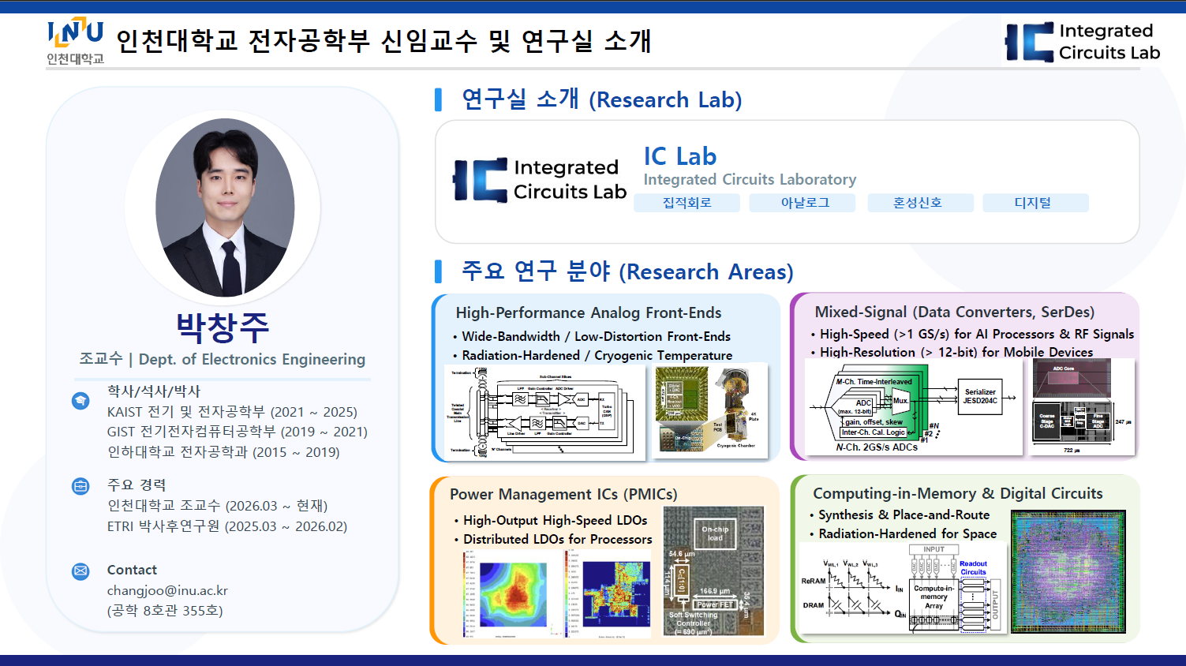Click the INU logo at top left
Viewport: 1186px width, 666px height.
point(75,40)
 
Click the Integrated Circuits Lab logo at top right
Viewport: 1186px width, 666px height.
point(1083,42)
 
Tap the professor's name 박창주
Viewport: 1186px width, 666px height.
point(223,327)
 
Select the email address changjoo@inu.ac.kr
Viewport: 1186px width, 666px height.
point(167,590)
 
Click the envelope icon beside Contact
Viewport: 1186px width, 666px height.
point(80,571)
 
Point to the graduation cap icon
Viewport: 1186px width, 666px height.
point(80,401)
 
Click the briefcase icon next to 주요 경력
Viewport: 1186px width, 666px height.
point(80,486)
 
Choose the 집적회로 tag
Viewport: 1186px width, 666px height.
point(687,203)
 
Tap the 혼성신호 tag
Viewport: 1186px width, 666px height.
point(917,203)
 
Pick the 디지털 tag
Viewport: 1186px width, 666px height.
point(1033,203)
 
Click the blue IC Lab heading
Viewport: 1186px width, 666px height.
point(679,156)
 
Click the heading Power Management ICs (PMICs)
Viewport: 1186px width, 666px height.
point(563,494)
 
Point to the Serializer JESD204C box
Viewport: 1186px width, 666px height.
point(979,396)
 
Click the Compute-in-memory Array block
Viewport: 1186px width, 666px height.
point(933,597)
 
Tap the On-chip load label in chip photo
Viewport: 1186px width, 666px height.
point(715,533)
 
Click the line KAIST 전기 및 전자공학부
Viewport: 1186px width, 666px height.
point(232,412)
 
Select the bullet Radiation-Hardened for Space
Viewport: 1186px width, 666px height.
point(907,533)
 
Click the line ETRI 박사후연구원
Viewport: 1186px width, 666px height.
point(227,526)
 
